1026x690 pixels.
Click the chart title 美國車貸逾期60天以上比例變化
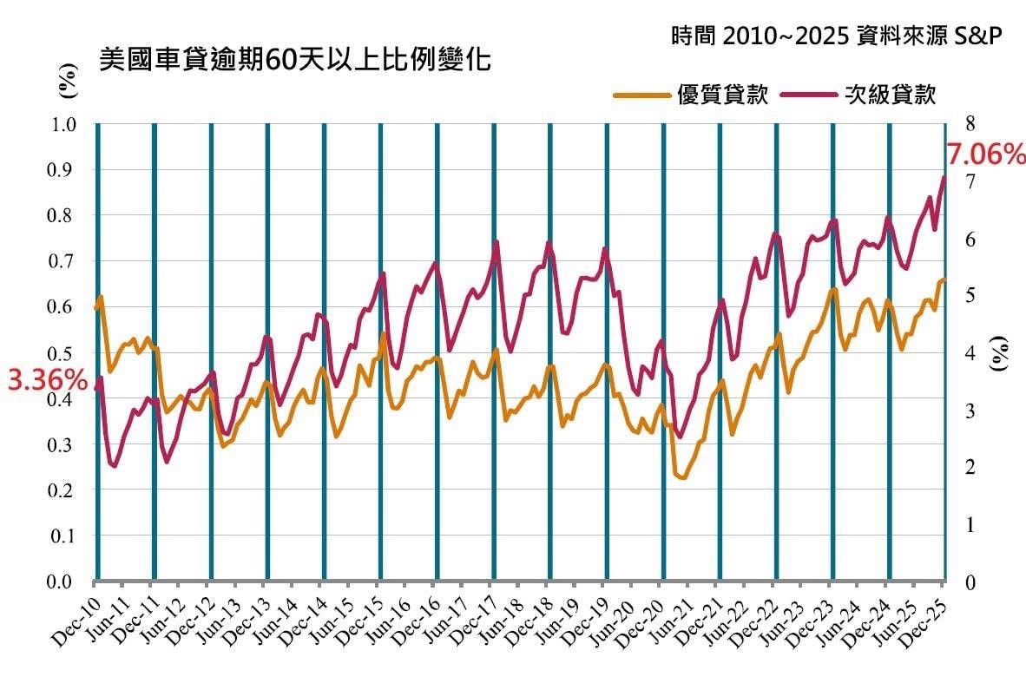[x=295, y=62]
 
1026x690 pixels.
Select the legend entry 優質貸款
[x=722, y=95]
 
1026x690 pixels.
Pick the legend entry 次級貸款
[x=891, y=95]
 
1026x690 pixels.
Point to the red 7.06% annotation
[x=985, y=155]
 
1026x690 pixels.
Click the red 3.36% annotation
[x=48, y=380]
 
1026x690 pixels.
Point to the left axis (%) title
[x=66, y=83]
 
